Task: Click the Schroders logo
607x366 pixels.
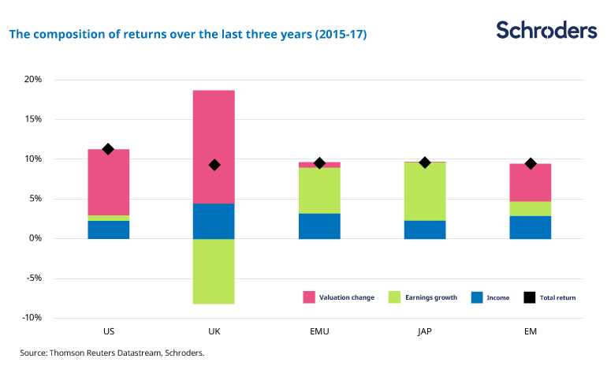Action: pyautogui.click(x=546, y=31)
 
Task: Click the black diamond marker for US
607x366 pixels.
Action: pyautogui.click(x=108, y=149)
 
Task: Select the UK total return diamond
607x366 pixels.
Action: pyautogui.click(x=214, y=165)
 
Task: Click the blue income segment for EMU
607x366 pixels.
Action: pyautogui.click(x=319, y=226)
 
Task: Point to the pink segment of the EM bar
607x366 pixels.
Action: pyautogui.click(x=531, y=182)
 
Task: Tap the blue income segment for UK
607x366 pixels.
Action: pyautogui.click(x=214, y=221)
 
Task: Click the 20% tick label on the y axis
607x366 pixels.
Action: pyautogui.click(x=32, y=80)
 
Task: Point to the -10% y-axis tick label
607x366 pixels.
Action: pyautogui.click(x=31, y=318)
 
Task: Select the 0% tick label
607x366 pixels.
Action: pyautogui.click(x=35, y=238)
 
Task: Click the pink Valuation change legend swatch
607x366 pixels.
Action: pyautogui.click(x=309, y=297)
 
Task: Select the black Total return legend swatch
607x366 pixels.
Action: pyautogui.click(x=530, y=297)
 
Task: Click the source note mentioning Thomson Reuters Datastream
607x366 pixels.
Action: pyautogui.click(x=112, y=353)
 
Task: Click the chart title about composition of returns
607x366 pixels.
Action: pyautogui.click(x=188, y=35)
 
